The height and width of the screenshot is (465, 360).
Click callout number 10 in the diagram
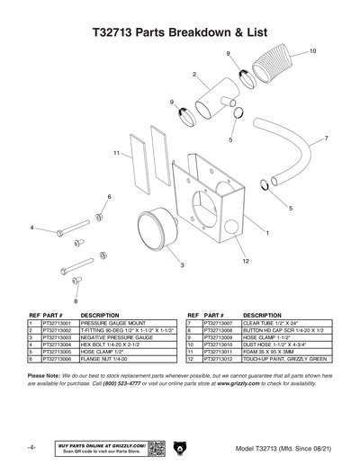pyautogui.click(x=312, y=51)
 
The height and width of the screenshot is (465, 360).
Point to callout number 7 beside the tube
pyautogui.click(x=325, y=139)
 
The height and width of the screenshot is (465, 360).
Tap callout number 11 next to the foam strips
pyautogui.click(x=117, y=152)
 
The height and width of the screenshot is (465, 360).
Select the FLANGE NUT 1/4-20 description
pyautogui.click(x=108, y=358)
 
